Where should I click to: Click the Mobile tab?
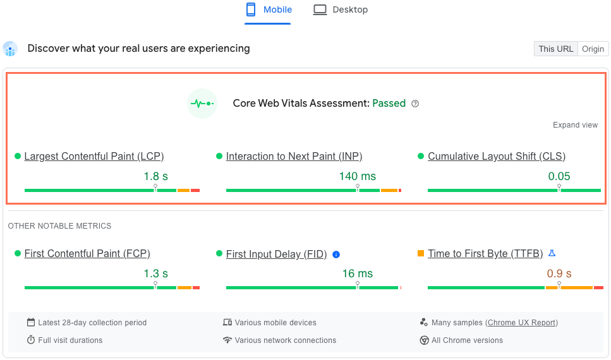(269, 10)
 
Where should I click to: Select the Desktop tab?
(341, 10)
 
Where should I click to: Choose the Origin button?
(593, 49)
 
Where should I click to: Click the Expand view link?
(575, 125)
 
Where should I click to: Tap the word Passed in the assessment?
(389, 104)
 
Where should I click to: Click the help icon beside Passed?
(415, 104)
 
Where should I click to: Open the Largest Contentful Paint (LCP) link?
(94, 157)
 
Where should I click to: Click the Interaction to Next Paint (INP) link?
(294, 157)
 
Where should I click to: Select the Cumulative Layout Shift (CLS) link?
(497, 157)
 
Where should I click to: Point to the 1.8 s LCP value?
(155, 176)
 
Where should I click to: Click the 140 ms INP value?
(357, 176)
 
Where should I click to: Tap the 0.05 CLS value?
(559, 176)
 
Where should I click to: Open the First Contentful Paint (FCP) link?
(87, 254)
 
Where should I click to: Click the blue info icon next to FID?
(336, 255)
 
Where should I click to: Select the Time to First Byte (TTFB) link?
(485, 254)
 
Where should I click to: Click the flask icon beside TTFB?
(552, 253)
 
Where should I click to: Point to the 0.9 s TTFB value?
(559, 273)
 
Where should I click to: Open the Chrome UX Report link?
(521, 323)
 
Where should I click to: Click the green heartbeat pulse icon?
(202, 104)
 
